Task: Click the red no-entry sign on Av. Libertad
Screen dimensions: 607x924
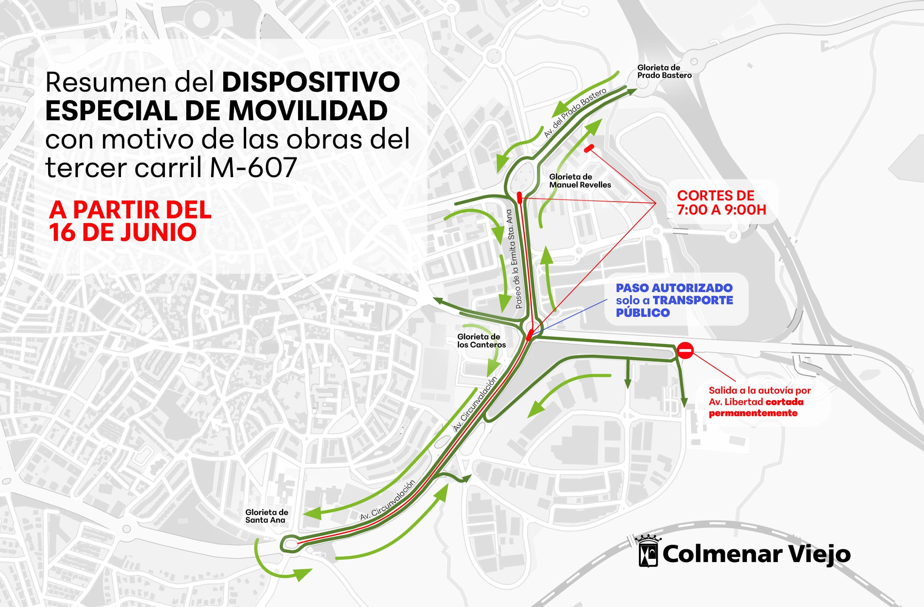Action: tap(685, 351)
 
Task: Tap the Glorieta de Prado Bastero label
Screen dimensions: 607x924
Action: tap(664, 71)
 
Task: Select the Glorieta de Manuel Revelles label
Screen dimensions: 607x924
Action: tap(580, 181)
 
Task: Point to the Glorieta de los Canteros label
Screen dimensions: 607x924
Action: tap(481, 341)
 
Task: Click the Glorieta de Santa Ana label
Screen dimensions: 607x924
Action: tap(266, 516)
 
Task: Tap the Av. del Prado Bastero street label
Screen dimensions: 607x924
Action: tap(574, 113)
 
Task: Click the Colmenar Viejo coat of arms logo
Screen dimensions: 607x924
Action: tap(648, 552)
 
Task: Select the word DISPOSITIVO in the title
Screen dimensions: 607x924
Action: tap(311, 82)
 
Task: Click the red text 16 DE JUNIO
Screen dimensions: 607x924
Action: tap(123, 232)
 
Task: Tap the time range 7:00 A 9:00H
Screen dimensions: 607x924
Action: tap(721, 210)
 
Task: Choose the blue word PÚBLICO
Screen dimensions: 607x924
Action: tap(643, 313)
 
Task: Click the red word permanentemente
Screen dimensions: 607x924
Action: tap(753, 413)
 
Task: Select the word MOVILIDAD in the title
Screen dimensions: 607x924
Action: tap(308, 111)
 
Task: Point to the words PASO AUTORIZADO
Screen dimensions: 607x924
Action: tap(674, 288)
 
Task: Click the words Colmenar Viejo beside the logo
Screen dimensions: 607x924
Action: tap(756, 554)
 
